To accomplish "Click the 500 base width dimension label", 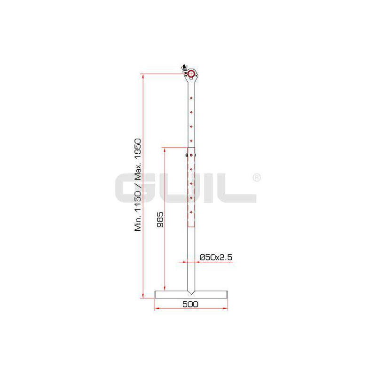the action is [x=190, y=304].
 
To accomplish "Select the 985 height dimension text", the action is [x=160, y=219].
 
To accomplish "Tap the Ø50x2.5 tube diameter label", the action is [x=216, y=257].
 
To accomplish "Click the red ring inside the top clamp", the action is [x=191, y=74].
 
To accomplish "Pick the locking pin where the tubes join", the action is [x=191, y=156].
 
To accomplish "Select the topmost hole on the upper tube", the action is [x=191, y=98].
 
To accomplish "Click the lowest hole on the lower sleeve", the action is [x=191, y=212].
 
